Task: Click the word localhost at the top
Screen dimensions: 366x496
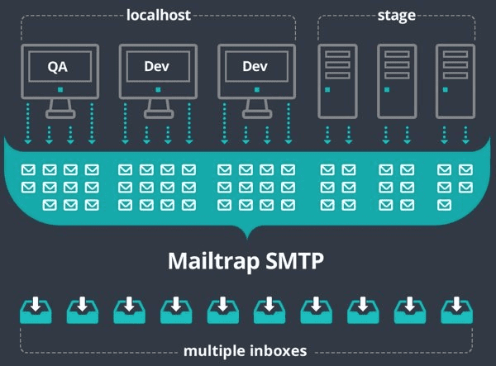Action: click(x=160, y=14)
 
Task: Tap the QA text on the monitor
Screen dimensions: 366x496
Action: click(x=57, y=67)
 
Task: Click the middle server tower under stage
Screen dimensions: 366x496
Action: click(x=393, y=78)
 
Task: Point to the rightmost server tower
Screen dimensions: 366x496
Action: click(x=452, y=78)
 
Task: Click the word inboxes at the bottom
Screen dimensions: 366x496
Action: click(x=280, y=351)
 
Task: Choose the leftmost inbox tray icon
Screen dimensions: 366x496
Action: click(x=36, y=309)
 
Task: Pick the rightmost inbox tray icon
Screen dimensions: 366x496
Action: click(x=457, y=309)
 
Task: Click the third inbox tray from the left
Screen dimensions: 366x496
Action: click(x=130, y=309)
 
